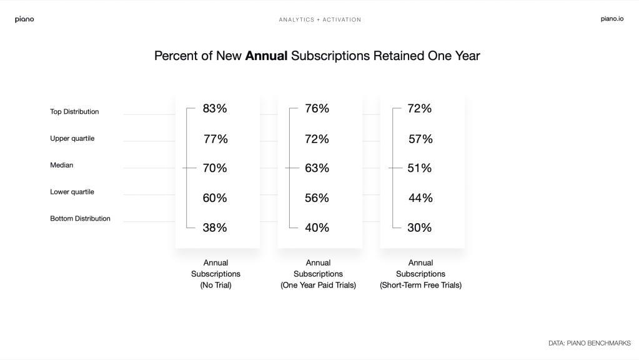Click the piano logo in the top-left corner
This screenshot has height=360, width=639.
click(24, 19)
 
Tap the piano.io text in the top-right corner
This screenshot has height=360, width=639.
click(612, 19)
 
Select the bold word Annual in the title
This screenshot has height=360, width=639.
click(266, 56)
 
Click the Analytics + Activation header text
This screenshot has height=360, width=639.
click(320, 20)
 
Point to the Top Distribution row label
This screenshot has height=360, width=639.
click(74, 112)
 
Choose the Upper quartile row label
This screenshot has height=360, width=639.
click(72, 139)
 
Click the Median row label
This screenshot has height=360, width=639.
click(61, 166)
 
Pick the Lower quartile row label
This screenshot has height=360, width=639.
click(72, 192)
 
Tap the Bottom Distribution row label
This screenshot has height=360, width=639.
click(80, 219)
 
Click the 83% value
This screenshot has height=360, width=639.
click(215, 109)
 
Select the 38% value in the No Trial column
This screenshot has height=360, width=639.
click(215, 228)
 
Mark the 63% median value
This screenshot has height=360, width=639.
click(317, 168)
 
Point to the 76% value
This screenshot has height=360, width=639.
click(317, 109)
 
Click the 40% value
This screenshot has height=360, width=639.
click(317, 228)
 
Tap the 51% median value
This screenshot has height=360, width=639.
click(419, 168)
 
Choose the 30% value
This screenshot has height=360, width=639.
click(419, 228)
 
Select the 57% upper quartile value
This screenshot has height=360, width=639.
click(420, 139)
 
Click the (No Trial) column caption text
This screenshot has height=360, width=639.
click(215, 286)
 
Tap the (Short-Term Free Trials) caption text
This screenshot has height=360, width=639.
click(420, 286)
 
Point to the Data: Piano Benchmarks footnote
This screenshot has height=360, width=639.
click(590, 343)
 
